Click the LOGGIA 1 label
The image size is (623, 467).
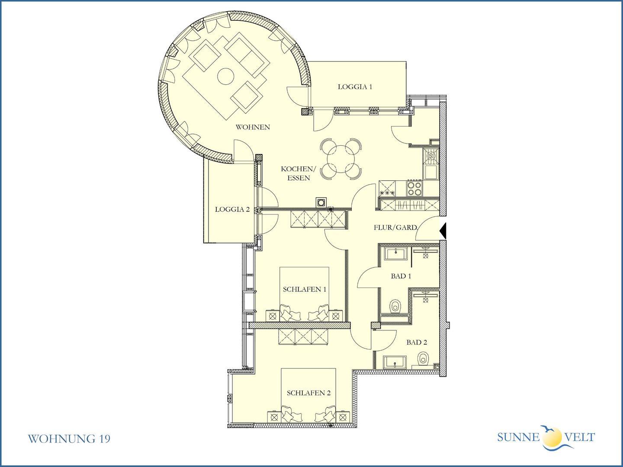[355, 87]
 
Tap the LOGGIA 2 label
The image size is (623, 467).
[232, 209]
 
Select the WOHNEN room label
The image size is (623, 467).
[253, 127]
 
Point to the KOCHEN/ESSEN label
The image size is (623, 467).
[298, 173]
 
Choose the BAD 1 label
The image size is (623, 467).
[401, 276]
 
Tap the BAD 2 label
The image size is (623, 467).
[417, 342]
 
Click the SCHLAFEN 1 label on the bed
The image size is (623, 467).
[304, 289]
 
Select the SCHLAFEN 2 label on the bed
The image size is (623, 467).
[308, 393]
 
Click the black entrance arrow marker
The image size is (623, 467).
[443, 231]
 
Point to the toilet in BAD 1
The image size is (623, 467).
[395, 306]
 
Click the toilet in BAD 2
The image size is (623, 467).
[423, 358]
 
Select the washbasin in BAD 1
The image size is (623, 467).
[396, 253]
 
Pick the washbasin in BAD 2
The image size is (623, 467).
[395, 362]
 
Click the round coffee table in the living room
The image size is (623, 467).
[226, 76]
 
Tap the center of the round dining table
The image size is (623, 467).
[341, 159]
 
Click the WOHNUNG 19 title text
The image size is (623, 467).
[69, 439]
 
